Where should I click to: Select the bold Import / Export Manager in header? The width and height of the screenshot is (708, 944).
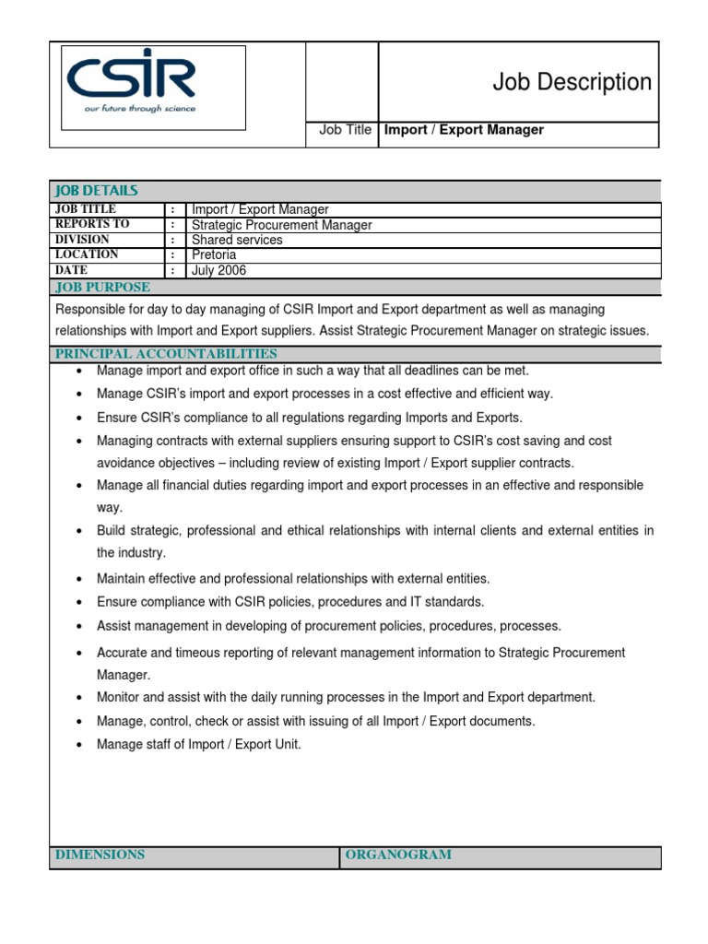click(x=464, y=130)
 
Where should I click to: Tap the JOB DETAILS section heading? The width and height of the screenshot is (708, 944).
click(x=96, y=191)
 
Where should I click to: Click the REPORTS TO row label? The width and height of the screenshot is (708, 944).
click(x=92, y=224)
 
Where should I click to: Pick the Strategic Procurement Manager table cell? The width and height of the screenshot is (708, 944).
click(x=281, y=225)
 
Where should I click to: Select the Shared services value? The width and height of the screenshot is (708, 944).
click(x=237, y=240)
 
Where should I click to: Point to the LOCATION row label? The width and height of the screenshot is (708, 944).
click(x=87, y=254)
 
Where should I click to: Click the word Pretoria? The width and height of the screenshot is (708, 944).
click(x=214, y=255)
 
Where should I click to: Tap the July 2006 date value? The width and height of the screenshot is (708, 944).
click(x=218, y=271)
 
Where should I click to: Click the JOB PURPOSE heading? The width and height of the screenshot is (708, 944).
click(x=102, y=287)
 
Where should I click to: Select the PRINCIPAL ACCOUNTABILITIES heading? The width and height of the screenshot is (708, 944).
click(x=166, y=354)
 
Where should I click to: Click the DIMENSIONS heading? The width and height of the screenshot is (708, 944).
click(x=100, y=855)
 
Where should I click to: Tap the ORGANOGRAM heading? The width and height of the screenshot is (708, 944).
click(x=398, y=855)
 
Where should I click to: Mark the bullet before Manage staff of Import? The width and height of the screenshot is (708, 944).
click(x=79, y=745)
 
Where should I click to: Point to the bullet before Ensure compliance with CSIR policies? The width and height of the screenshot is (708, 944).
click(x=79, y=603)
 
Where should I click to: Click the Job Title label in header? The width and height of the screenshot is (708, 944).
click(x=345, y=130)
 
